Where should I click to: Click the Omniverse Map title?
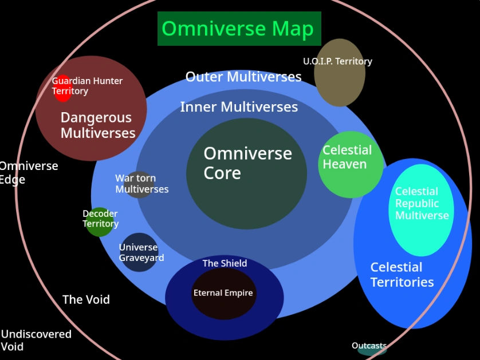tap(238, 29)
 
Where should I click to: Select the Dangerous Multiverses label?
tap(98, 125)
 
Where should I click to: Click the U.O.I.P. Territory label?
tap(337, 61)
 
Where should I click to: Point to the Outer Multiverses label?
tap(243, 77)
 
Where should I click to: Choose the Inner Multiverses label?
tap(239, 107)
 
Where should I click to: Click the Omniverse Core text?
tap(247, 163)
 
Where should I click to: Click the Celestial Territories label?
tap(402, 275)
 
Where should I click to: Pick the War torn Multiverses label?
tap(141, 184)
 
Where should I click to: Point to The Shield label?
tap(225, 263)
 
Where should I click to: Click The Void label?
tap(86, 299)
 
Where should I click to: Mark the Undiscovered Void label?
tap(36, 340)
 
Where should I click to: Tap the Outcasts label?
tap(369, 346)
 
